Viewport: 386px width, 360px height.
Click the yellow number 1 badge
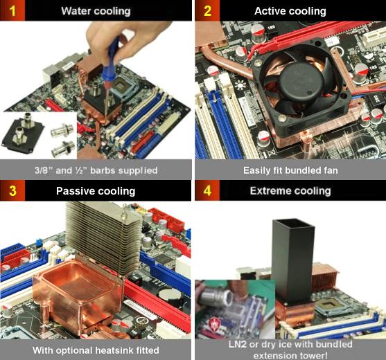tap(12, 10)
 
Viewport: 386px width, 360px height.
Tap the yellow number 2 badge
tap(207, 10)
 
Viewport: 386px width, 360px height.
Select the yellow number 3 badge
tap(12, 190)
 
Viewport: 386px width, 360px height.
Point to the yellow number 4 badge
tap(207, 190)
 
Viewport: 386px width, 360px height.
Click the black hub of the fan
tap(302, 80)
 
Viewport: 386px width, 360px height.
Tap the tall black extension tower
tap(293, 261)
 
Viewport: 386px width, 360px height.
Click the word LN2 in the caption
tap(237, 344)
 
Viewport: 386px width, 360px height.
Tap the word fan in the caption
tap(330, 170)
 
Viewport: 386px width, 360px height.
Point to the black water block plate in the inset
tap(23, 134)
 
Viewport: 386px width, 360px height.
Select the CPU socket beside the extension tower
tap(333, 308)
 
